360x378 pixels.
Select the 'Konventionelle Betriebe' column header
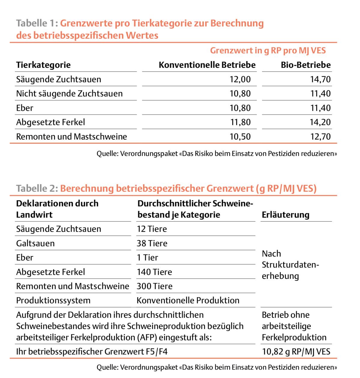pyautogui.click(x=207, y=65)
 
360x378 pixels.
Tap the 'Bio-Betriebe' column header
pyautogui.click(x=306, y=65)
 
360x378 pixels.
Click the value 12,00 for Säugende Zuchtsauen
pyautogui.click(x=240, y=79)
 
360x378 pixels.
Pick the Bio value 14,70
pyautogui.click(x=320, y=79)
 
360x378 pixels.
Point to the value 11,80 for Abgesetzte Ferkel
pyautogui.click(x=240, y=122)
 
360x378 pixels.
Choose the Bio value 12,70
pyautogui.click(x=320, y=137)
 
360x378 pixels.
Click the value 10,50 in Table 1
pyautogui.click(x=240, y=137)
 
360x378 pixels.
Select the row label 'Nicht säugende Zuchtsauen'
pyautogui.click(x=69, y=94)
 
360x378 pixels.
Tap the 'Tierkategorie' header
pyautogui.click(x=43, y=65)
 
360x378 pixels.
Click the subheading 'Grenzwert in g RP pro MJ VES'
pyautogui.click(x=268, y=50)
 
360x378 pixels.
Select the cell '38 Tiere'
pyautogui.click(x=152, y=243)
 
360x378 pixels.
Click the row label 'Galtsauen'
pyautogui.click(x=35, y=243)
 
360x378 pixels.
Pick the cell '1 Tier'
pyautogui.click(x=147, y=258)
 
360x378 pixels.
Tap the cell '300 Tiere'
pyautogui.click(x=154, y=286)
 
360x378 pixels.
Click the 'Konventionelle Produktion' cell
pyautogui.click(x=188, y=301)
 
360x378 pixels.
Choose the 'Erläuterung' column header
pyautogui.click(x=285, y=215)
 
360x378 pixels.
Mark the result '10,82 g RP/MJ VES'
pyautogui.click(x=296, y=352)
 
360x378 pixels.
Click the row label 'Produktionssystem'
pyautogui.click(x=53, y=301)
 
